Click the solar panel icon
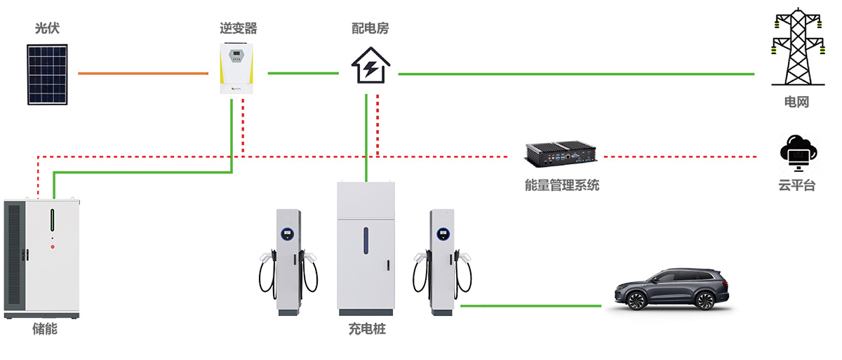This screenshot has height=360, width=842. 48,74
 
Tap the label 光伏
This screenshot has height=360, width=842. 47,29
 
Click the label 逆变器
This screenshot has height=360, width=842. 238,29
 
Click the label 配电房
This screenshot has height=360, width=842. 370,29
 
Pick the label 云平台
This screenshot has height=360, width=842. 796,186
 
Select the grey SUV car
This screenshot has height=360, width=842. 671,288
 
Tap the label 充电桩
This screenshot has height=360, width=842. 367,328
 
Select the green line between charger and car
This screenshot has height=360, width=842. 530,306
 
